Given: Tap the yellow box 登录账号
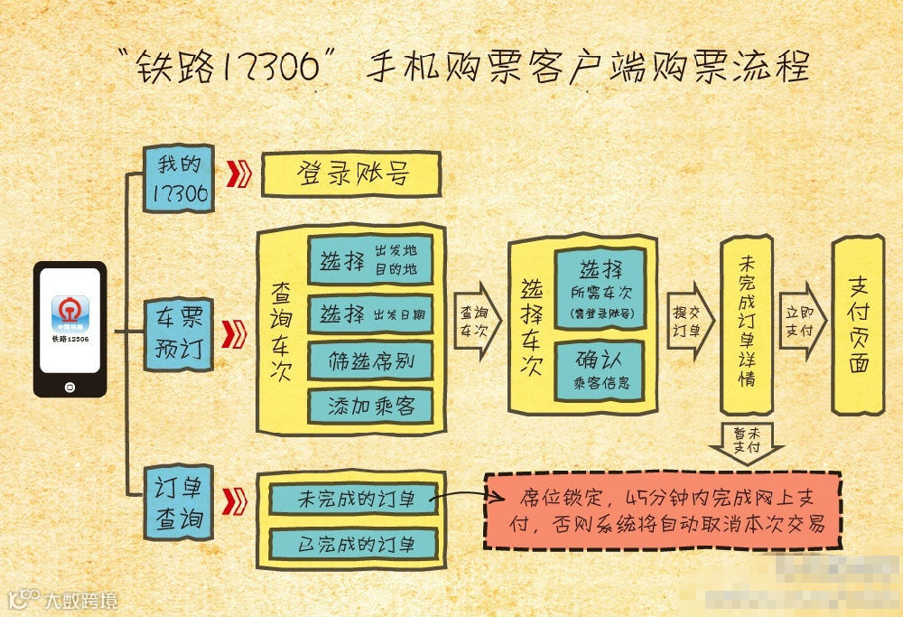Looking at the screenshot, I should pyautogui.click(x=350, y=173).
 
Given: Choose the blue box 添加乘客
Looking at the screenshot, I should pyautogui.click(x=370, y=406).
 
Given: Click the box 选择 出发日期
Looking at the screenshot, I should pyautogui.click(x=370, y=314).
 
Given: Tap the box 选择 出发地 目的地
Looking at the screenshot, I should pyautogui.click(x=370, y=261).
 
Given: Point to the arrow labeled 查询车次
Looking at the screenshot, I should pyautogui.click(x=475, y=321).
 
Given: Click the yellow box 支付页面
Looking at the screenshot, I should pyautogui.click(x=859, y=325).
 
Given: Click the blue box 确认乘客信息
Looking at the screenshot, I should pyautogui.click(x=600, y=371).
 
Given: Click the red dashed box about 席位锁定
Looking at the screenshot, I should pyautogui.click(x=663, y=510).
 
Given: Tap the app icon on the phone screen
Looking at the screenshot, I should pyautogui.click(x=70, y=313).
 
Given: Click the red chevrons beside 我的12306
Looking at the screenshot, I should pyautogui.click(x=237, y=173).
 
